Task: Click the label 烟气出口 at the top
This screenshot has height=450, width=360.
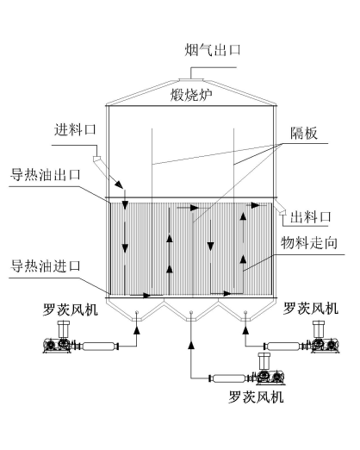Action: (212, 50)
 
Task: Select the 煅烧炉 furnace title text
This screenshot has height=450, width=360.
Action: (191, 95)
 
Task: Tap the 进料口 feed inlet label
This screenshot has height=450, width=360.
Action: (75, 129)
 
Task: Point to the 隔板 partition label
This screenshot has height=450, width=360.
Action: (304, 133)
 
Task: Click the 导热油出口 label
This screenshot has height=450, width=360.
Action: (46, 174)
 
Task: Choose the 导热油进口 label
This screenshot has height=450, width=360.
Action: (46, 266)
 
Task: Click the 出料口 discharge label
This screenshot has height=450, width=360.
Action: (311, 217)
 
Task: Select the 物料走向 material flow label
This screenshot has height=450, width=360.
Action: (309, 243)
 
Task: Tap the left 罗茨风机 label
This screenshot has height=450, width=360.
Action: (71, 309)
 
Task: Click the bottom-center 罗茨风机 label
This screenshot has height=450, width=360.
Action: (256, 397)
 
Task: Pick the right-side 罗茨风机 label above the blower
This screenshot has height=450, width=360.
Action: (311, 309)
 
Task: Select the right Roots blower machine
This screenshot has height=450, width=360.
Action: (322, 337)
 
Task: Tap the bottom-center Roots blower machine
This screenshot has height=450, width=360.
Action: (268, 369)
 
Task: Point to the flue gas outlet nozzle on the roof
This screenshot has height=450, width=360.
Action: (191, 79)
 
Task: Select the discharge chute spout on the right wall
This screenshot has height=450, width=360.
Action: (280, 208)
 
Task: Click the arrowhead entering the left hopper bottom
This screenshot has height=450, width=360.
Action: (137, 330)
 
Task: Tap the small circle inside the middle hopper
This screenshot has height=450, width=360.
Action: (191, 312)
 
